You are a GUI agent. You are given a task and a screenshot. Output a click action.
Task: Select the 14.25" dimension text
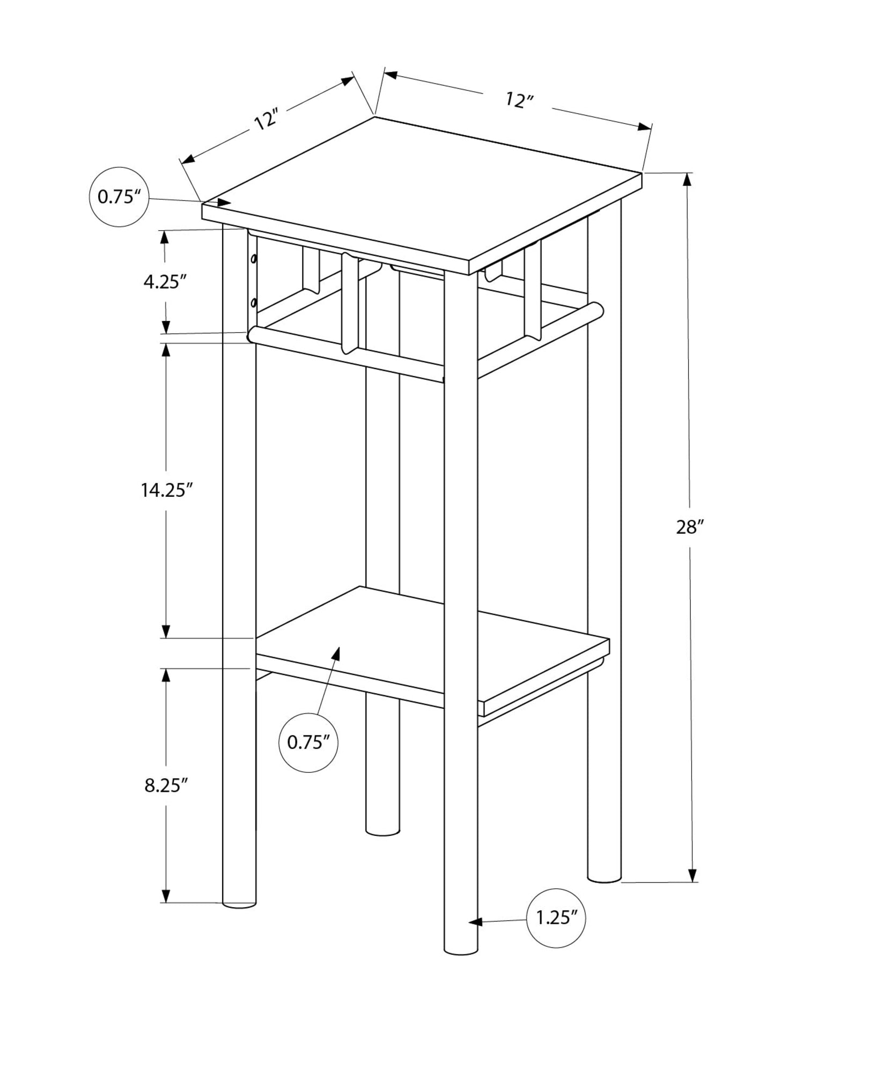tap(166, 490)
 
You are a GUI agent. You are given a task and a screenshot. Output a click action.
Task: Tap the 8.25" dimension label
tap(166, 785)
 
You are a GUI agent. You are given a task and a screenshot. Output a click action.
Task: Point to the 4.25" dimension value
tap(165, 282)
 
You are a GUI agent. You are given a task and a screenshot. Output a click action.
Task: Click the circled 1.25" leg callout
tap(556, 918)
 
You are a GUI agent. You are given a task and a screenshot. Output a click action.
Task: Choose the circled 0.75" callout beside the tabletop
tap(118, 197)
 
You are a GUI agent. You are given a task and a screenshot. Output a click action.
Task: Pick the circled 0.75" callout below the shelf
tap(308, 743)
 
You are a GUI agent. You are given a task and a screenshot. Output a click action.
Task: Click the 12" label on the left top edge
tap(267, 120)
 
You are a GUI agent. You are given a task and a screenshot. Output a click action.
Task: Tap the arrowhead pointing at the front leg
tap(475, 922)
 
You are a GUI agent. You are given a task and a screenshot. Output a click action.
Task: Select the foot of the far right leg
tap(604, 878)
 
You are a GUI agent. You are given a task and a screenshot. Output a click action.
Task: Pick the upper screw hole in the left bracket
tap(254, 260)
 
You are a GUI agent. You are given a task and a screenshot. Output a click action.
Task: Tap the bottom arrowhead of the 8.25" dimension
tap(166, 895)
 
